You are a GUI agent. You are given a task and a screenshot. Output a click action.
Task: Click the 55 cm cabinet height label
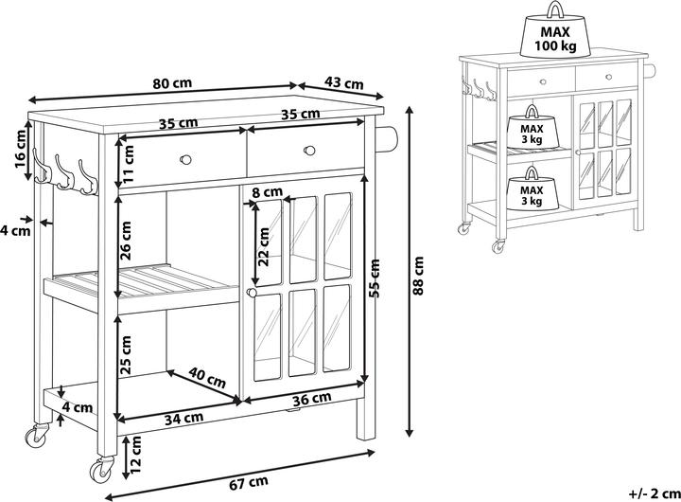click(x=376, y=278)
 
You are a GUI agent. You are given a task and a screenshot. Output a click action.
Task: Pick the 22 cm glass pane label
click(x=266, y=248)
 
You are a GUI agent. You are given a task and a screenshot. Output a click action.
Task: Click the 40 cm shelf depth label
click(x=207, y=379)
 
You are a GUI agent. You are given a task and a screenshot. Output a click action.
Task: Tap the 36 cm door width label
click(x=303, y=400)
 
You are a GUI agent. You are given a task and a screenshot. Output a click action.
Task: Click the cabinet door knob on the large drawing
click(x=252, y=295)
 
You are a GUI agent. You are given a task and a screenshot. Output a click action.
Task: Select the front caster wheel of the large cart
click(x=98, y=468)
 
